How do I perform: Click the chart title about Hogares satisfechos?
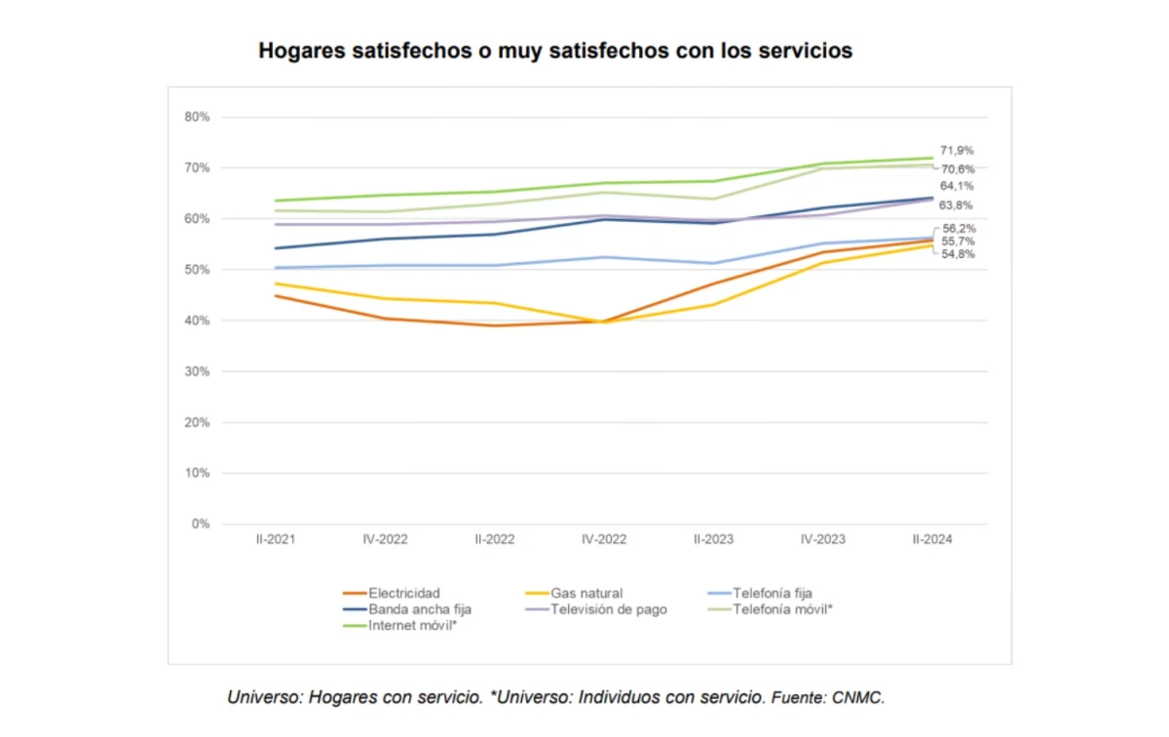point(555,51)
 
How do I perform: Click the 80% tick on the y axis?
point(197,118)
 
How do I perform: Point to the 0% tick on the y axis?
point(200,524)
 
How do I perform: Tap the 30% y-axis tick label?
point(197,372)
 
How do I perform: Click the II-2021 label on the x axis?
point(276,539)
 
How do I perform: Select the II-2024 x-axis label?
point(932,539)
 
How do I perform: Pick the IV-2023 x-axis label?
point(823,539)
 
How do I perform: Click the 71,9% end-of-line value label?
point(958,151)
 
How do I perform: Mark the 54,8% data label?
point(958,254)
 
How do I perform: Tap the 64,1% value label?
point(958,186)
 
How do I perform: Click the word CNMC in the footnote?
point(861,698)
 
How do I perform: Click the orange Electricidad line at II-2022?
point(495,325)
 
